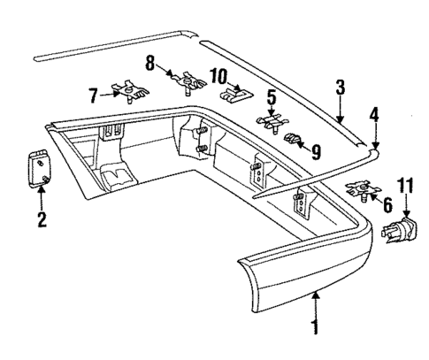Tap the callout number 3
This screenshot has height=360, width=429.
(339, 86)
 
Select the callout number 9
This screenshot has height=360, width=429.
(316, 149)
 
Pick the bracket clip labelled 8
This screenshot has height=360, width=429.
(188, 82)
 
